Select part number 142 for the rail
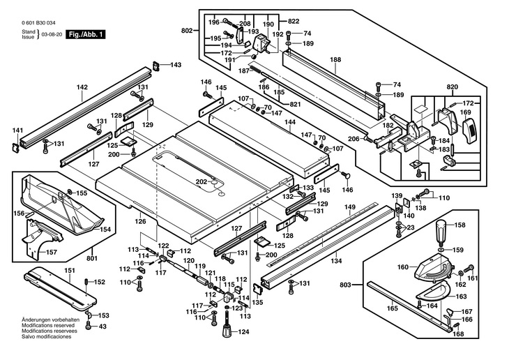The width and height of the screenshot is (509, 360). [x=82, y=87]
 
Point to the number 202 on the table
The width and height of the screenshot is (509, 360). [x=201, y=182]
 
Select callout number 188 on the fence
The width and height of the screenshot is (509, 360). [x=335, y=60]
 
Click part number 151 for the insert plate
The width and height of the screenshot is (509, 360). [x=70, y=271]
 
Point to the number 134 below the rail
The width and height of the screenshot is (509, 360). [x=336, y=261]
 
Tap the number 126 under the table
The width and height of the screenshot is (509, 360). [x=141, y=222]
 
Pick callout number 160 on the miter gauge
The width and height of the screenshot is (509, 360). [x=403, y=267]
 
